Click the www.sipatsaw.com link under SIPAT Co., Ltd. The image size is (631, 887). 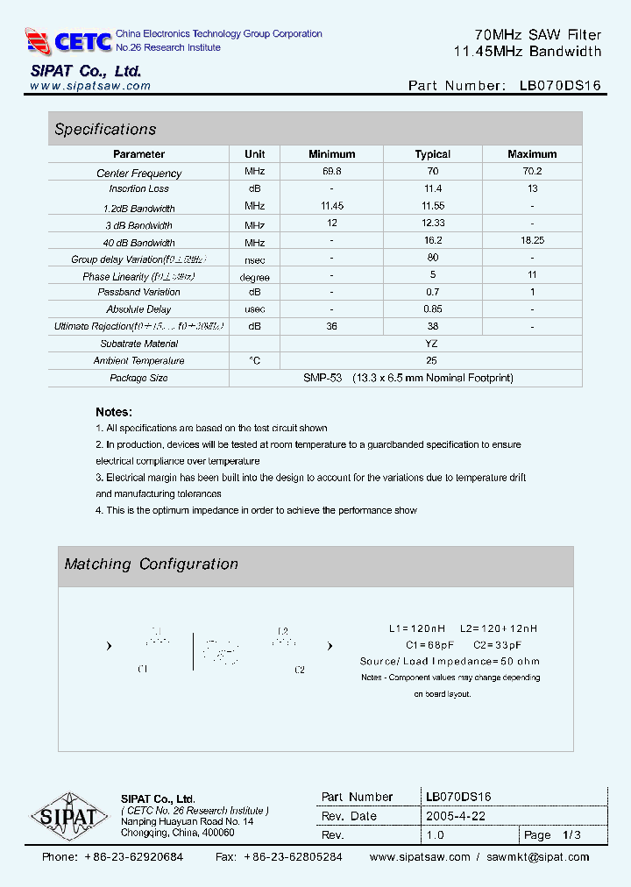point(90,87)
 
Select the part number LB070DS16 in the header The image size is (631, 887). point(560,86)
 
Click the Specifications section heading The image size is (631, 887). point(105,130)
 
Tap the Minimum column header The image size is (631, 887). point(331,154)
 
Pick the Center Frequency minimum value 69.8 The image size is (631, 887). point(331,172)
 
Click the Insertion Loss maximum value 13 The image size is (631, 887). point(532,188)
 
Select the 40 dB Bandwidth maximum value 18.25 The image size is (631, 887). point(532,242)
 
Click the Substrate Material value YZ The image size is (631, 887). point(431,344)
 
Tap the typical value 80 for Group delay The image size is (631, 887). point(432,259)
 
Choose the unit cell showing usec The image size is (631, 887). point(254,309)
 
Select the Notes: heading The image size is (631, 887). point(114,412)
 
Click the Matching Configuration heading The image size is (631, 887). point(151,564)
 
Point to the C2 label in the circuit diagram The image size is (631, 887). point(299,670)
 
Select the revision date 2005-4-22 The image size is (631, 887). point(455,816)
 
